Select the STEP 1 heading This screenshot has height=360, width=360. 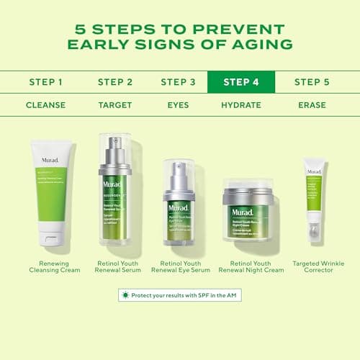point(45,82)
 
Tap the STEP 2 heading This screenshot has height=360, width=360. point(114,82)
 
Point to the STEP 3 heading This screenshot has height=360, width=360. point(178,82)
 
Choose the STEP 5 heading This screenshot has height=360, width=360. point(312,82)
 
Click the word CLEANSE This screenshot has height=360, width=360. point(45,105)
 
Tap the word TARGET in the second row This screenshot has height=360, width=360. point(114,105)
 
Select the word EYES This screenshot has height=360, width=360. point(178,105)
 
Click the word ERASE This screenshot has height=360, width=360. point(312,105)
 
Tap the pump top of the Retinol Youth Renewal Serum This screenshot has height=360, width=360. point(114,155)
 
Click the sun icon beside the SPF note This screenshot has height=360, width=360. point(127,295)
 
